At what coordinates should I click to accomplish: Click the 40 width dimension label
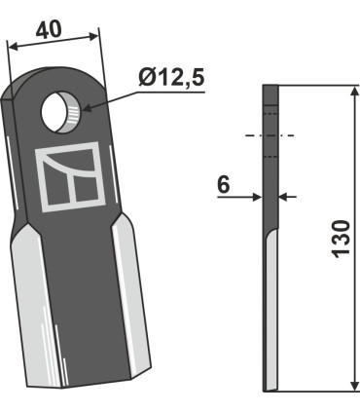click(49, 30)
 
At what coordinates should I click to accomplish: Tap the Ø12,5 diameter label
click(171, 78)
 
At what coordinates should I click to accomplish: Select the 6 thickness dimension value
click(224, 184)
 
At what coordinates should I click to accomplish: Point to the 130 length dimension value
click(342, 239)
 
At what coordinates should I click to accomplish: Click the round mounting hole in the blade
click(60, 112)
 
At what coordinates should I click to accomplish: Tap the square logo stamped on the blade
click(70, 177)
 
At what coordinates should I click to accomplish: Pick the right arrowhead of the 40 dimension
click(92, 36)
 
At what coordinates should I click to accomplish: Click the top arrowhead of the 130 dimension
click(355, 92)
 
